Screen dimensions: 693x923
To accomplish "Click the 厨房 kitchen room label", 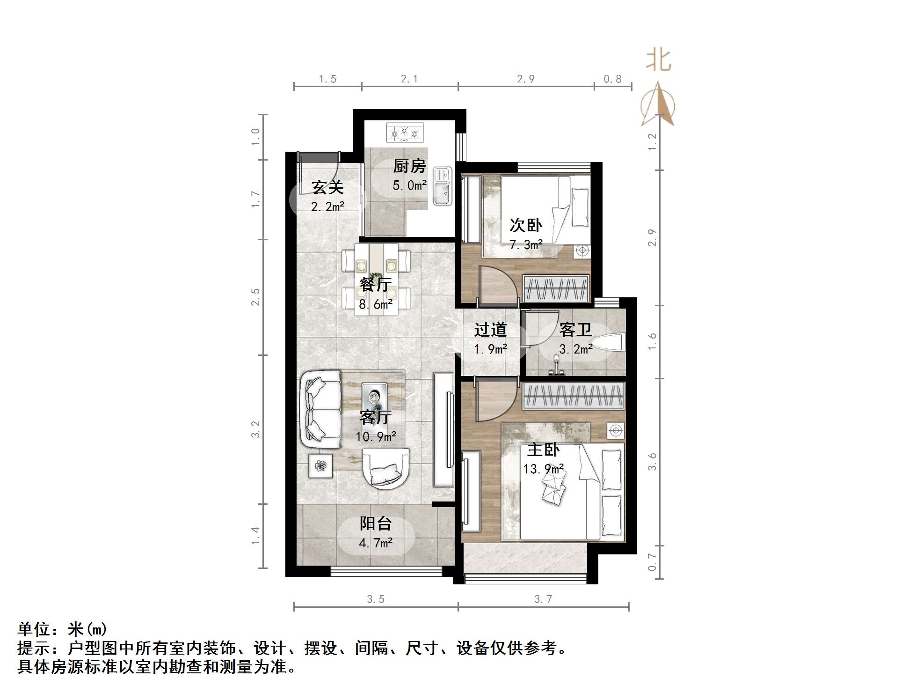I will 409,166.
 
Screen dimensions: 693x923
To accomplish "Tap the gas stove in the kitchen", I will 405,133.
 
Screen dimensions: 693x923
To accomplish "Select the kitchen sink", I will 442,186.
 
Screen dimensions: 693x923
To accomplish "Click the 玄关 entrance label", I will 327,187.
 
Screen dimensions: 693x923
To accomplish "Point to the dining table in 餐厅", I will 376,279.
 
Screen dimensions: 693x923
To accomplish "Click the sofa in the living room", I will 320,410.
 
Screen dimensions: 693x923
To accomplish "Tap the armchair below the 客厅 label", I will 385,469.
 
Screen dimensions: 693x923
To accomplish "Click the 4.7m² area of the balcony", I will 376,543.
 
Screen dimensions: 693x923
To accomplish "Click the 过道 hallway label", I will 490,330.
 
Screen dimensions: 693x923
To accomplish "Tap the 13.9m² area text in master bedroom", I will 543,469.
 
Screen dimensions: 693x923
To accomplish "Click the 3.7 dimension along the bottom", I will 543,599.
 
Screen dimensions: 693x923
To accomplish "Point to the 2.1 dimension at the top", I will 409,79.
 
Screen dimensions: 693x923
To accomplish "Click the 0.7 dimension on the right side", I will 652,561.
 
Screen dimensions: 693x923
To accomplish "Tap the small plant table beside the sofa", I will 320,465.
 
